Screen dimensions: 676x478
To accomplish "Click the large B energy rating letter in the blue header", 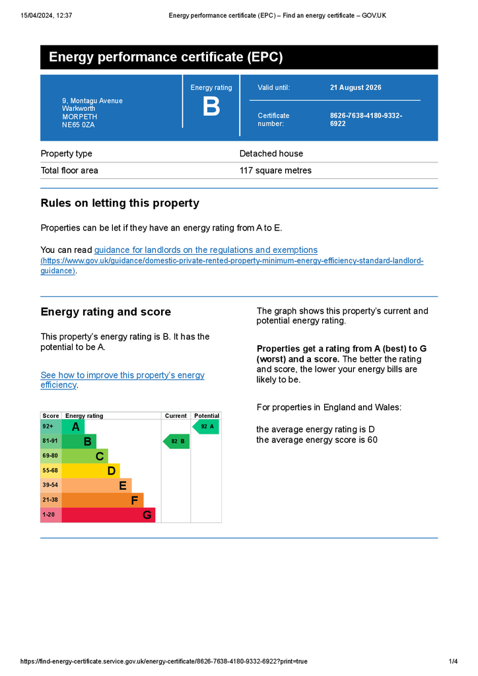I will (211, 107).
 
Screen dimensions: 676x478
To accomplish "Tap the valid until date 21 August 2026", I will (355, 88).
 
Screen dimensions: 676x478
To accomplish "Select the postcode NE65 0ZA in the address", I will (78, 124).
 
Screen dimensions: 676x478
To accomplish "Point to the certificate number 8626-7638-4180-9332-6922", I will (366, 119).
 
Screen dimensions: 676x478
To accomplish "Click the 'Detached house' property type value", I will (271, 154).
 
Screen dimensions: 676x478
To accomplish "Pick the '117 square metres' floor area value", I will (275, 170).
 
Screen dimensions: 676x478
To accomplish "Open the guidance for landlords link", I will (206, 250).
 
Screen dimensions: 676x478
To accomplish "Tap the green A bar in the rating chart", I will (73, 427).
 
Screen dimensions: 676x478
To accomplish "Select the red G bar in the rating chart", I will (108, 515).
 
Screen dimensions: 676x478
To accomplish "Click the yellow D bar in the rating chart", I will (90, 471).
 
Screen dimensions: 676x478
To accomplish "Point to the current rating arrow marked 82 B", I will (177, 441).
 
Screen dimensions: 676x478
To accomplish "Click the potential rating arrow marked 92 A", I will (206, 427).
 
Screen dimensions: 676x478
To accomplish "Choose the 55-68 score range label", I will (50, 471).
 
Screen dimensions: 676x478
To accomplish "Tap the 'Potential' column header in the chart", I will (207, 416).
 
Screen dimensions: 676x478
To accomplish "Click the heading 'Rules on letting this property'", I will (119, 203).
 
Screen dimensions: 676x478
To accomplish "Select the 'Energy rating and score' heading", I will (106, 312).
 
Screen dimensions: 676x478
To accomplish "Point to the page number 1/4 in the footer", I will (453, 661).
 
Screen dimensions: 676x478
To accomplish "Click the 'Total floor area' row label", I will (69, 170).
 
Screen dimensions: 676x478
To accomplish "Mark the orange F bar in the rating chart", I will (102, 500).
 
